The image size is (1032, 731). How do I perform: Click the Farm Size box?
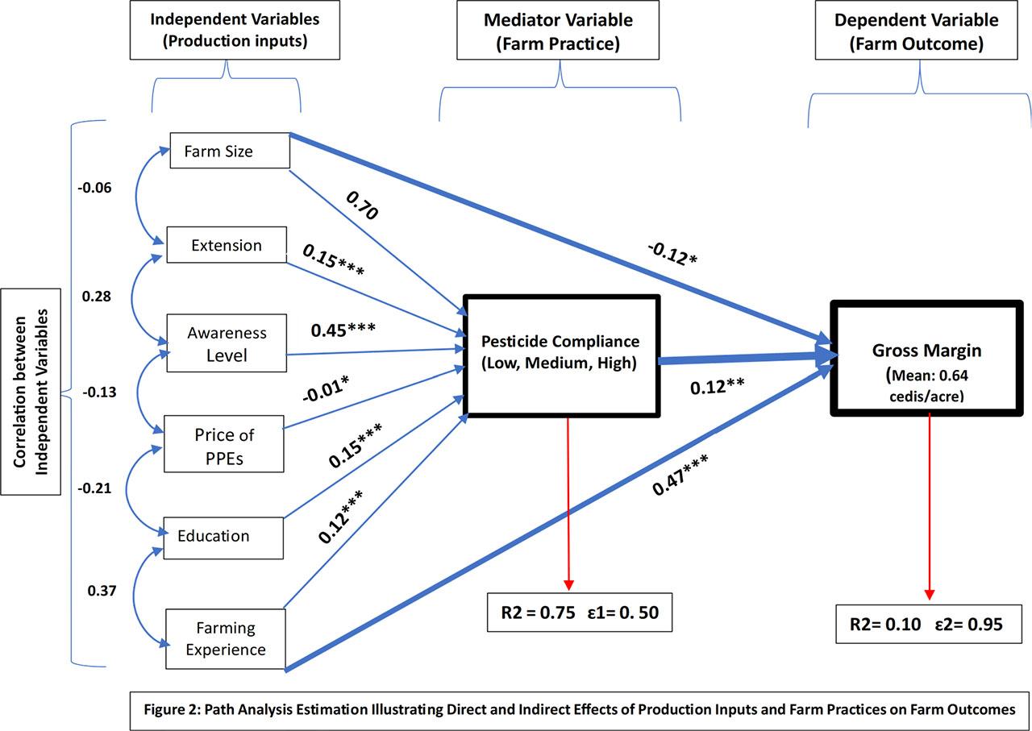tap(230, 151)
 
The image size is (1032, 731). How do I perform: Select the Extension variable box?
tap(227, 245)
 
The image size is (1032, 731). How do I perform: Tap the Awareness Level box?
tap(227, 343)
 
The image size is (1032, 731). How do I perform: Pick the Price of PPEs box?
tap(224, 444)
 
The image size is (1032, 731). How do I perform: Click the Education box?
tap(223, 537)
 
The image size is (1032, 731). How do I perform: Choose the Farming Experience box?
tap(226, 639)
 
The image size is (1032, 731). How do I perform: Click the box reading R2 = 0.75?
tap(579, 613)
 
